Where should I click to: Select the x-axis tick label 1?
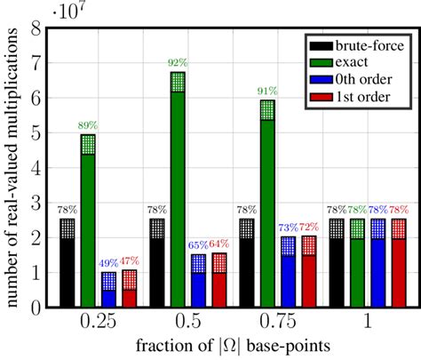369,322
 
